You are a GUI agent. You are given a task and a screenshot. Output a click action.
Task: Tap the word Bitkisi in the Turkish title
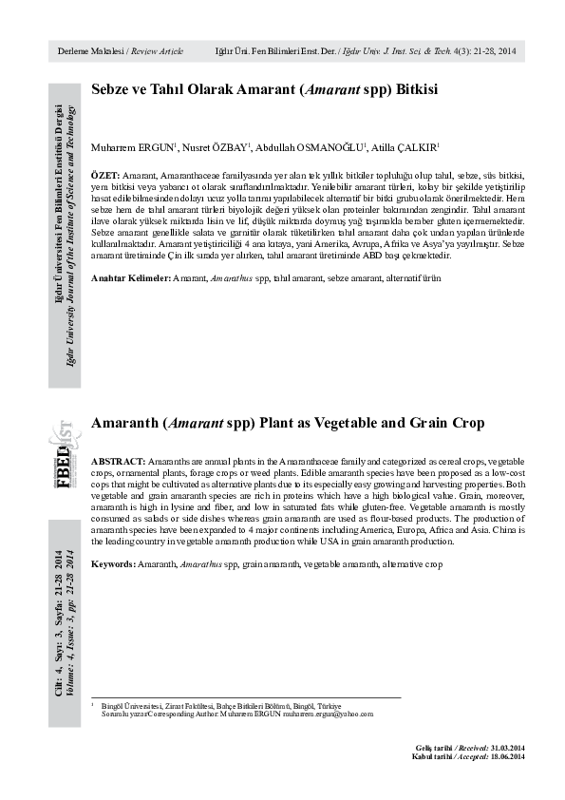pyautogui.click(x=409, y=90)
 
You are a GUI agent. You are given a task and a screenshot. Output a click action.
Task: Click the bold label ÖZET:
pyautogui.click(x=105, y=178)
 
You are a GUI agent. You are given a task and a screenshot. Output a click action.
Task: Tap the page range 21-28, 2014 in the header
pyautogui.click(x=494, y=50)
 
